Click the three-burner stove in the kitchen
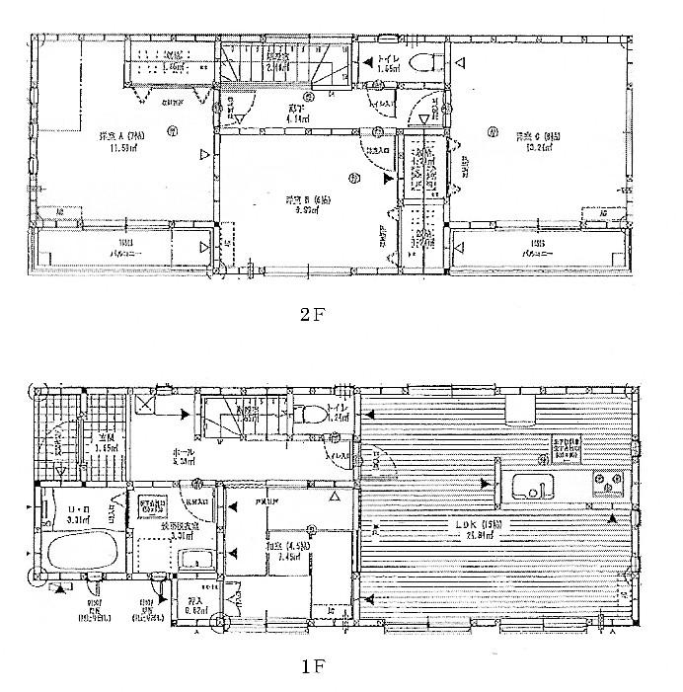point(608,483)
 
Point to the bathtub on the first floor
point(79,556)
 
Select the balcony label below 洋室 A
point(123,248)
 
